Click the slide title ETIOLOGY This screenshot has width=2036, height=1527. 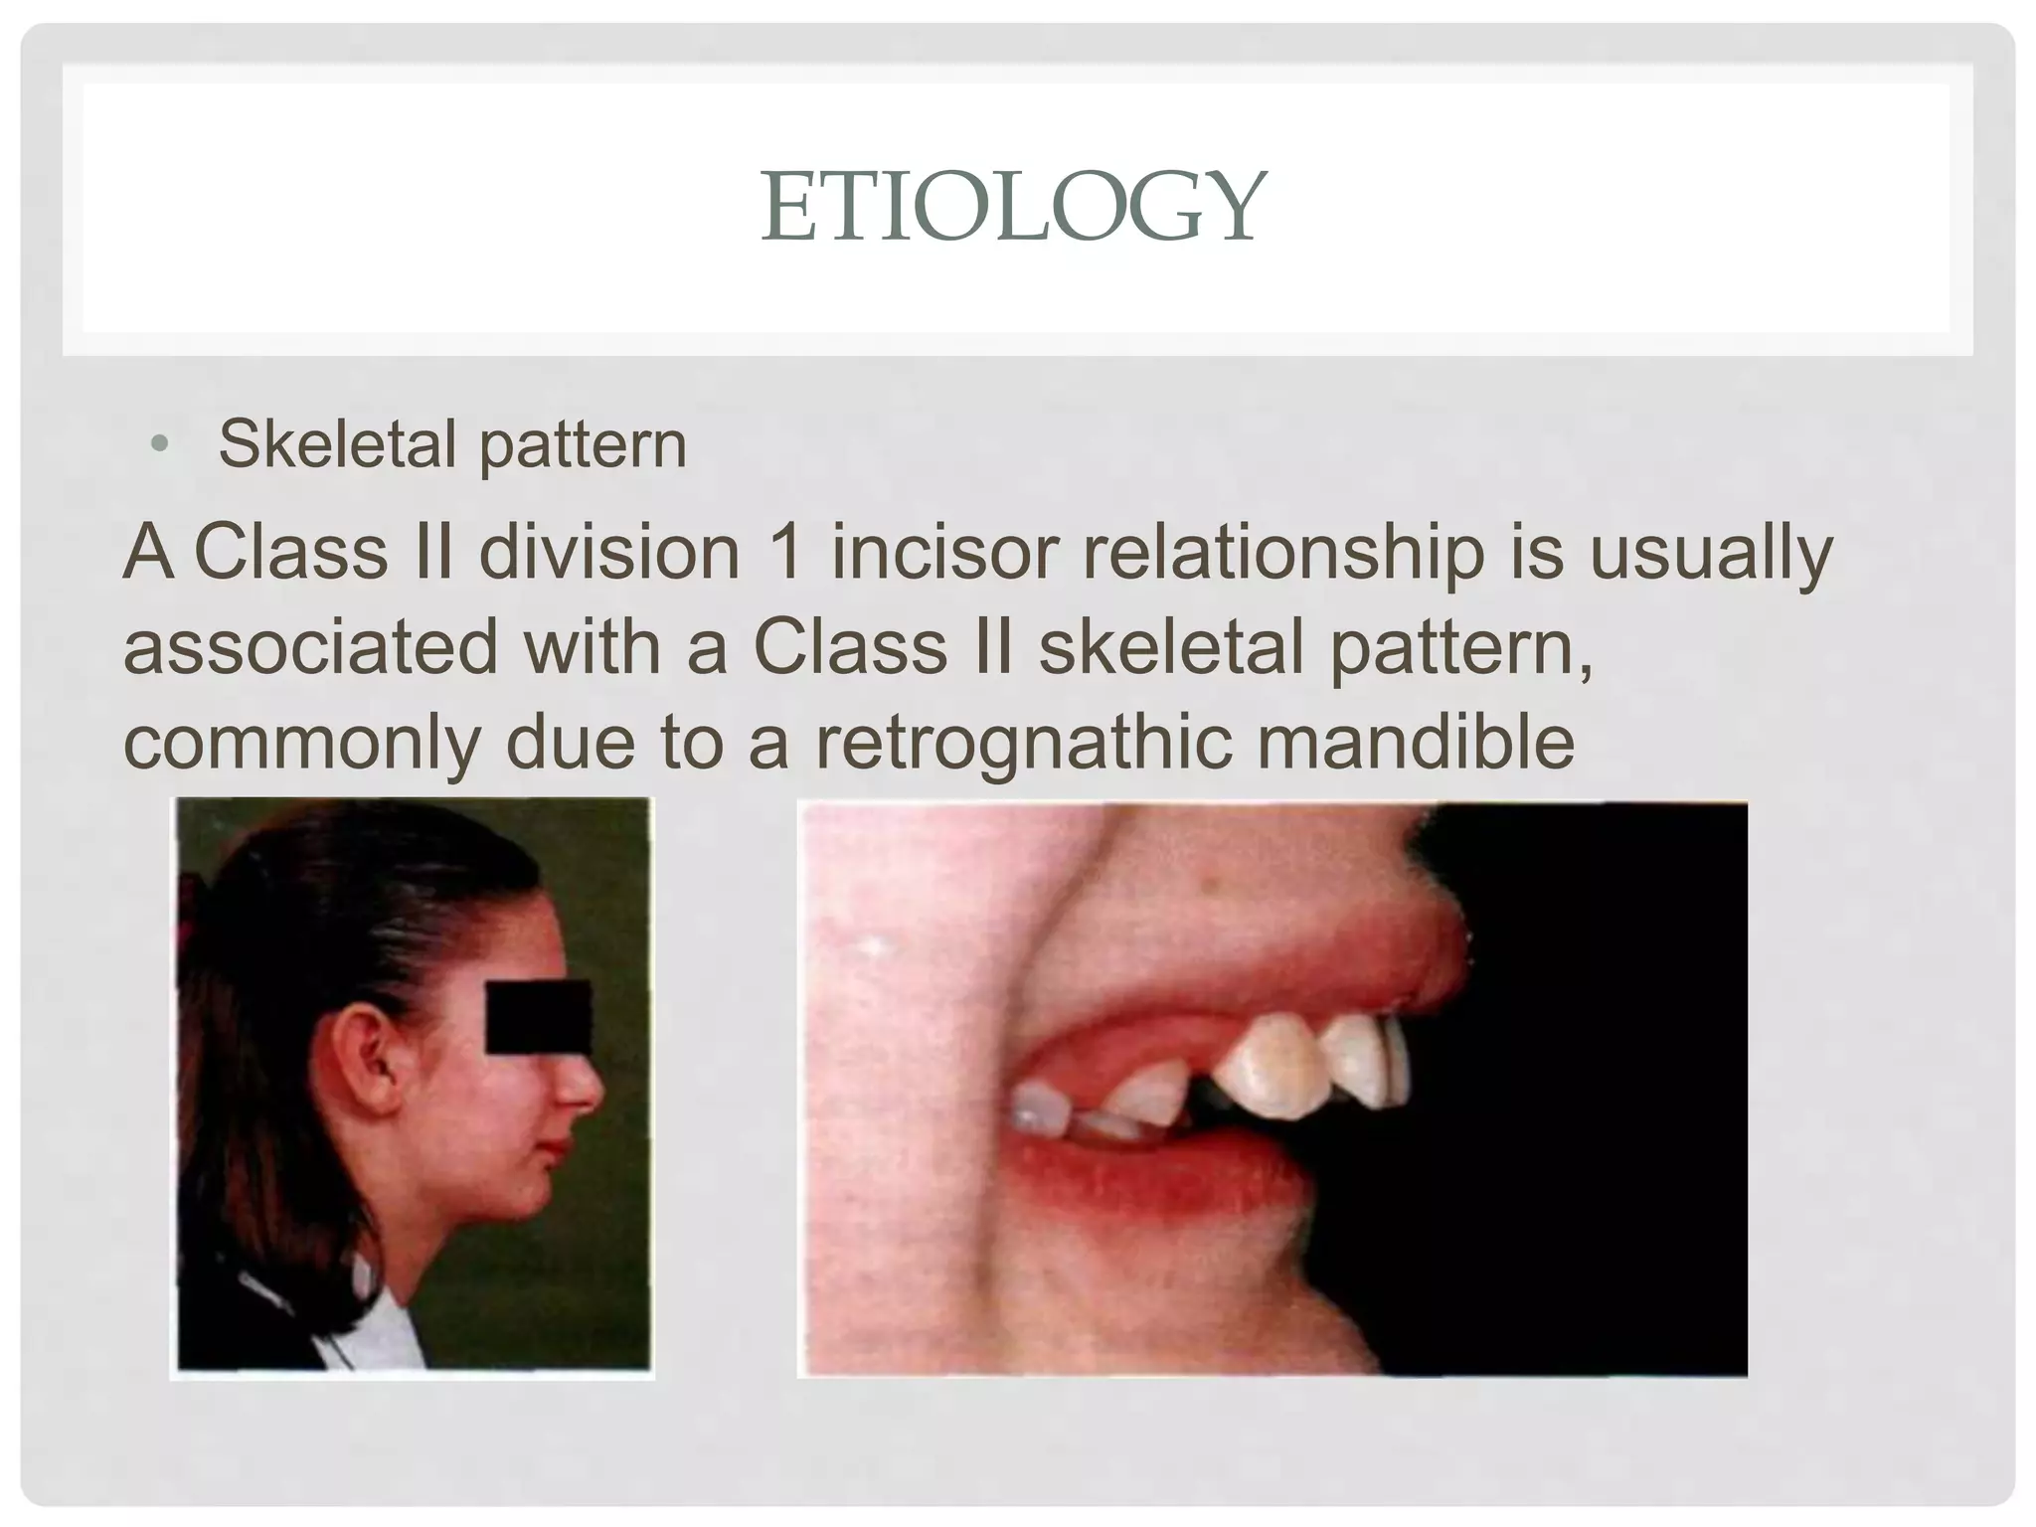click(1013, 208)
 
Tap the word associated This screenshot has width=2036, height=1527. click(309, 647)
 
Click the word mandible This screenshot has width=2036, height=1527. click(1416, 742)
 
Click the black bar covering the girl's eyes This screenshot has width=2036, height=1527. click(537, 1016)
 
